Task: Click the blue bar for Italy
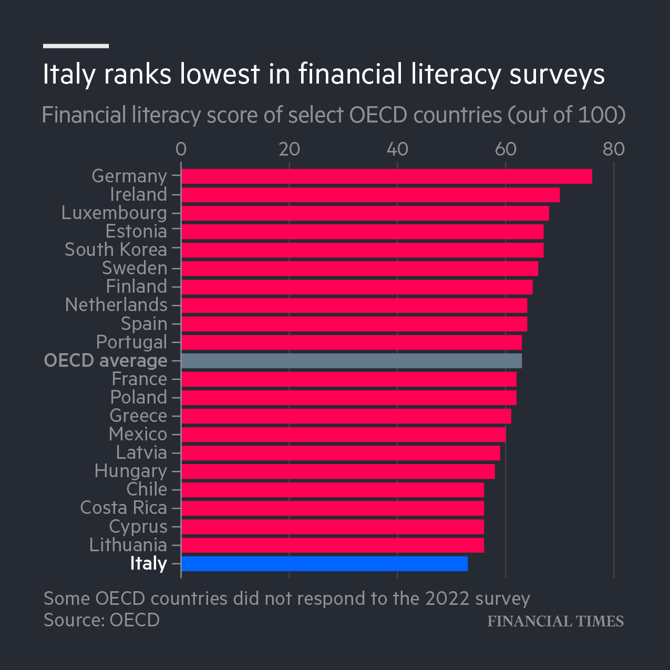point(324,564)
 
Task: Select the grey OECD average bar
point(351,361)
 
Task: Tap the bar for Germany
point(386,177)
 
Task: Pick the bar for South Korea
point(362,250)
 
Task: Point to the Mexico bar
point(343,435)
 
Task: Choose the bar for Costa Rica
point(332,508)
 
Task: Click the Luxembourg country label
point(114,213)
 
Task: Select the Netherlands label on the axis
point(116,305)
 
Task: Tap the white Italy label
point(148,563)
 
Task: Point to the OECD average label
point(106,360)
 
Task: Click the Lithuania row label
point(128,545)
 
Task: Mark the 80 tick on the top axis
point(614,149)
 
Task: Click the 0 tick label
point(181,149)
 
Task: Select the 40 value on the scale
point(397,149)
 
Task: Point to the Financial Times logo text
point(555,621)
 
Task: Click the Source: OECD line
point(101,620)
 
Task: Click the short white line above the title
point(76,46)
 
